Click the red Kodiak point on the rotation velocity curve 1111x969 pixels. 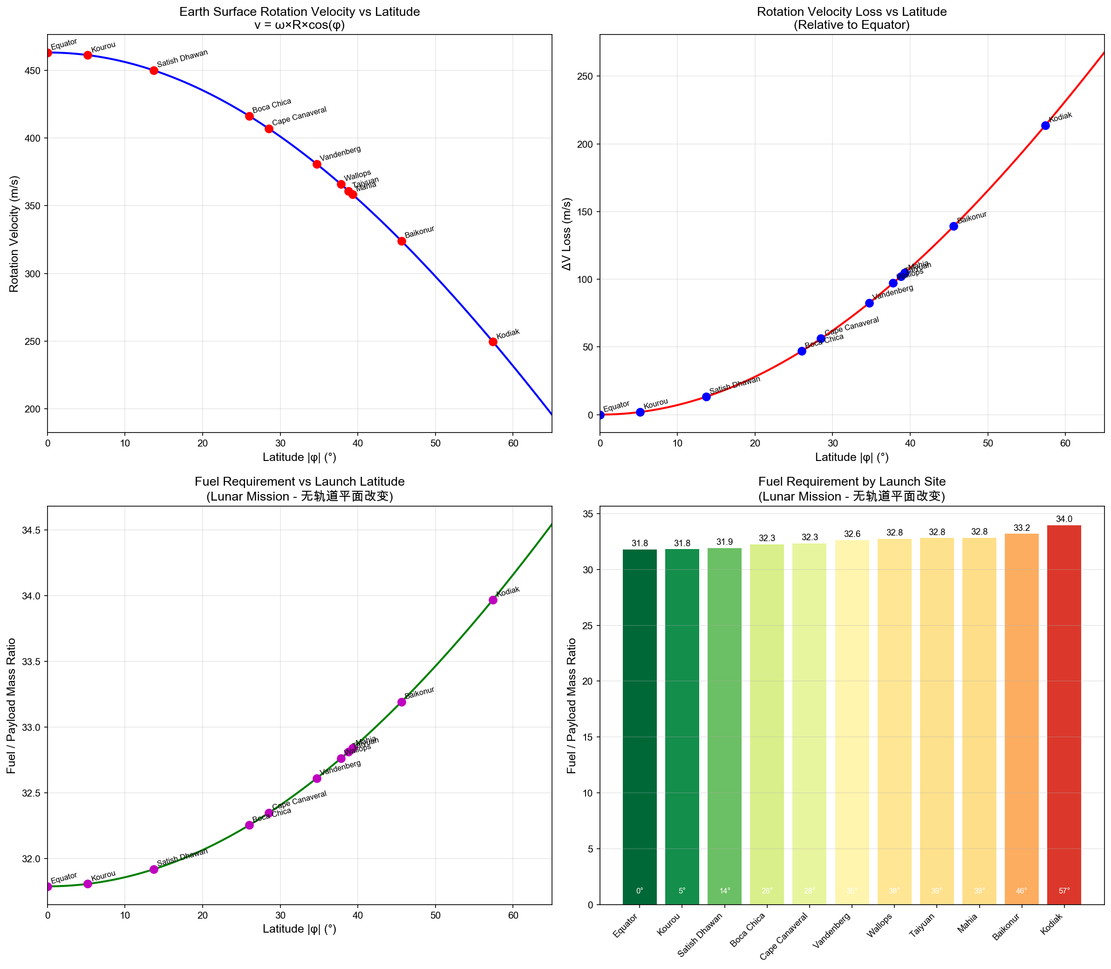pos(493,342)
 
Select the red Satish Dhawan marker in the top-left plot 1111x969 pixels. pos(154,70)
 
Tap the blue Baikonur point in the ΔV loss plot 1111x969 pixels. pos(954,226)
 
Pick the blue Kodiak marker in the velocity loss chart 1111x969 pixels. pos(1046,125)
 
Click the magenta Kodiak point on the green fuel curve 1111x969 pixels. pos(493,600)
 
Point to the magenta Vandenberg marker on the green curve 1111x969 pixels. pos(317,779)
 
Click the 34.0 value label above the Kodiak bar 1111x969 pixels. pos(1064,519)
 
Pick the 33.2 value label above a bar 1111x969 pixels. pos(1022,528)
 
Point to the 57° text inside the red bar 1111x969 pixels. pos(1064,891)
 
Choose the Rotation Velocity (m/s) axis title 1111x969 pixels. pos(14,234)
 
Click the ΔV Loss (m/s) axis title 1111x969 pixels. pos(566,234)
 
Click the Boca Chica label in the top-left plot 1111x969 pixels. pos(272,105)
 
